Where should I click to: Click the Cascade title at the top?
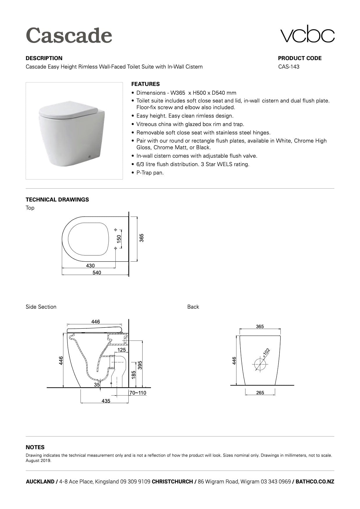tap(69, 35)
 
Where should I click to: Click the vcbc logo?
tap(307, 34)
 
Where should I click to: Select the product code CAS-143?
tap(289, 66)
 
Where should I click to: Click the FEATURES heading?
tap(145, 84)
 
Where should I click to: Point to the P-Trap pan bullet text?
tap(150, 173)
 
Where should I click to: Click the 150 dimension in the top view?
tap(119, 239)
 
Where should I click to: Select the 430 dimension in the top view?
tap(90, 265)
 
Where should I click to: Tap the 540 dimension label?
tap(97, 273)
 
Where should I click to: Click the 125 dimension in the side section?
tap(122, 350)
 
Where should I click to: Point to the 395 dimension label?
tap(140, 365)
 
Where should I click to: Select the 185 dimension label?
tap(134, 375)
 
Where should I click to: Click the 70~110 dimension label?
tap(138, 393)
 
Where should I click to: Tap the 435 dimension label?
tap(106, 401)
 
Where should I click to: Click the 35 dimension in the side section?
tap(97, 384)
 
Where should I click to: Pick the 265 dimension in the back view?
tap(260, 393)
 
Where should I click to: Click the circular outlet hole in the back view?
tap(260, 364)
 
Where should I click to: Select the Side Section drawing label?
tap(41, 307)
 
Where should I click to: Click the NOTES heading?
tap(35, 447)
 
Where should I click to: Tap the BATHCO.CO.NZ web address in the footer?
tap(315, 482)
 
